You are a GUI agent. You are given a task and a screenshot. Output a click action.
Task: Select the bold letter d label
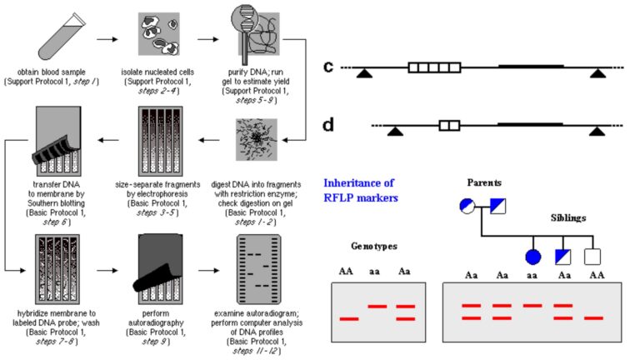[x=328, y=125]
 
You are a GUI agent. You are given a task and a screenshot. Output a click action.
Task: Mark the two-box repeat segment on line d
[x=449, y=126]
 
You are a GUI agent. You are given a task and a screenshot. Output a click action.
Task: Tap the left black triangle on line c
[x=364, y=75]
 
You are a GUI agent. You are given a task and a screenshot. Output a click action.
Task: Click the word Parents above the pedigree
[x=484, y=181]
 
